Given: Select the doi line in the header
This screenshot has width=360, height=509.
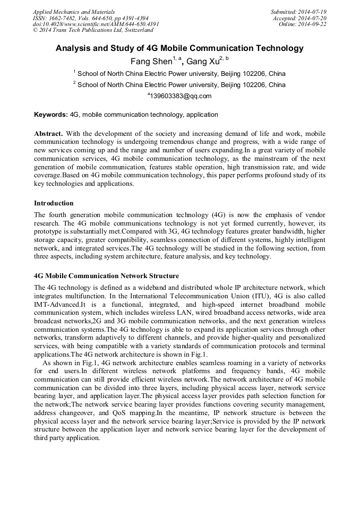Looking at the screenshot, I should point(96,24).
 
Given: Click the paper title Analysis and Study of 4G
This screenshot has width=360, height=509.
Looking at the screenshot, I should point(179,48).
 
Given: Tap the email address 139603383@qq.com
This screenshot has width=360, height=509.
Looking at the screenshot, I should point(181,96).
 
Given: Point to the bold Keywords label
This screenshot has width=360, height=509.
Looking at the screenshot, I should point(51,114).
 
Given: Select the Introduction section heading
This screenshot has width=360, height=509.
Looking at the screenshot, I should point(54,203).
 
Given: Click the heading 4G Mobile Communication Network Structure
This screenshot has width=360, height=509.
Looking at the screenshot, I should point(106,276).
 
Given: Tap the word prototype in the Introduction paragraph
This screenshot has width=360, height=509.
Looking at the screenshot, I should point(49,231).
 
